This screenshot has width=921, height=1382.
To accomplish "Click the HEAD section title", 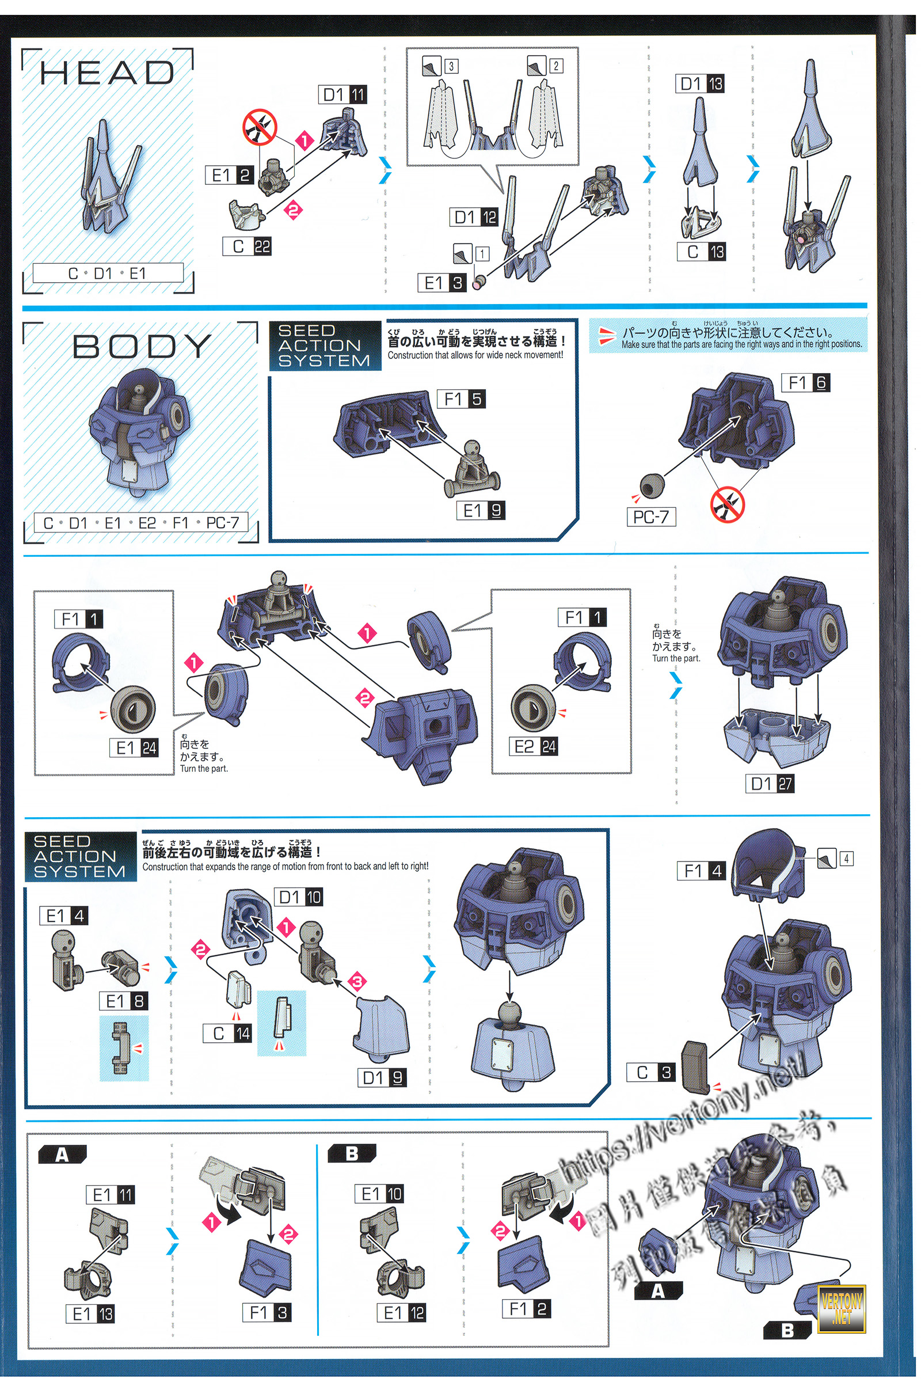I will tap(107, 73).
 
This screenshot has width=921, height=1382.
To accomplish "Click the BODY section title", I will tap(142, 346).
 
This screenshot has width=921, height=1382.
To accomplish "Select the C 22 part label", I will tap(247, 247).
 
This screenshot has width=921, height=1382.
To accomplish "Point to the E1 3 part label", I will tap(443, 283).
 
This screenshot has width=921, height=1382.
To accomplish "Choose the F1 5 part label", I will tap(462, 400).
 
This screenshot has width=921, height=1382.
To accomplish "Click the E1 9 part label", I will tap(481, 511).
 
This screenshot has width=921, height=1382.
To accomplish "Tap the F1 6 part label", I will tap(806, 383).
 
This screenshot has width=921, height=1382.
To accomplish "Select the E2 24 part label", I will tap(534, 747).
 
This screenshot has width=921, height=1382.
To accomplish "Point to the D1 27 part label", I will tap(770, 784).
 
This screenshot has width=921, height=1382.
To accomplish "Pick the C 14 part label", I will tap(227, 1034).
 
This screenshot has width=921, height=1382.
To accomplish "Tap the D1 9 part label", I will tap(382, 1077).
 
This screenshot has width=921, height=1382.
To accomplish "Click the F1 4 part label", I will tap(702, 871).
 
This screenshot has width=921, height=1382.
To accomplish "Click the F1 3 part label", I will tap(267, 1313).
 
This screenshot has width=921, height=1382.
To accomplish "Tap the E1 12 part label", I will tap(404, 1313).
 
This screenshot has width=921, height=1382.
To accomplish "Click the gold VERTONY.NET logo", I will tap(842, 1308).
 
